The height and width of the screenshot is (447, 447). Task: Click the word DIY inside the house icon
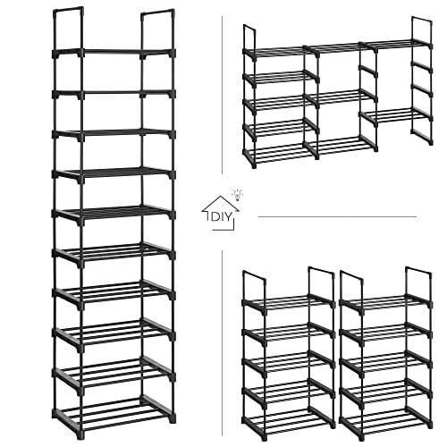pyautogui.click(x=221, y=217)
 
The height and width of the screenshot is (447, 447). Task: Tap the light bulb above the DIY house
pyautogui.click(x=238, y=194)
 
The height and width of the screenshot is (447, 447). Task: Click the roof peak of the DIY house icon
pyautogui.click(x=221, y=197)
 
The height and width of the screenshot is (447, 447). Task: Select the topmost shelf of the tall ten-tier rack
pyautogui.click(x=114, y=53)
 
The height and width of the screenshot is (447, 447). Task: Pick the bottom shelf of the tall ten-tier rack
pyautogui.click(x=113, y=409)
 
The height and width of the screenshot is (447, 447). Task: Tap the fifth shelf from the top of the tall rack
pyautogui.click(x=114, y=214)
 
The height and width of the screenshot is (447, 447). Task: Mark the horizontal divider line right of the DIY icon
pyautogui.click(x=337, y=216)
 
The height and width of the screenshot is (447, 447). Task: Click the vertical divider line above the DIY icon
pyautogui.click(x=222, y=95)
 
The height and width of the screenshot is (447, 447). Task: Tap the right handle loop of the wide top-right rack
pyautogui.click(x=422, y=30)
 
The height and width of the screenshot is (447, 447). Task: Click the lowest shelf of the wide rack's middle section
pyautogui.click(x=341, y=145)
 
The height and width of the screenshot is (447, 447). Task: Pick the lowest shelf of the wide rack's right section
pyautogui.click(x=396, y=114)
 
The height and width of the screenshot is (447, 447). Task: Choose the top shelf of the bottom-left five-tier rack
pyautogui.click(x=289, y=302)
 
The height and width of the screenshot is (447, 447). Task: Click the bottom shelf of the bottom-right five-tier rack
pyautogui.click(x=385, y=417)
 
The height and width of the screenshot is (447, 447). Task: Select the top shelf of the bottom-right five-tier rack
pyautogui.click(x=385, y=301)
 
